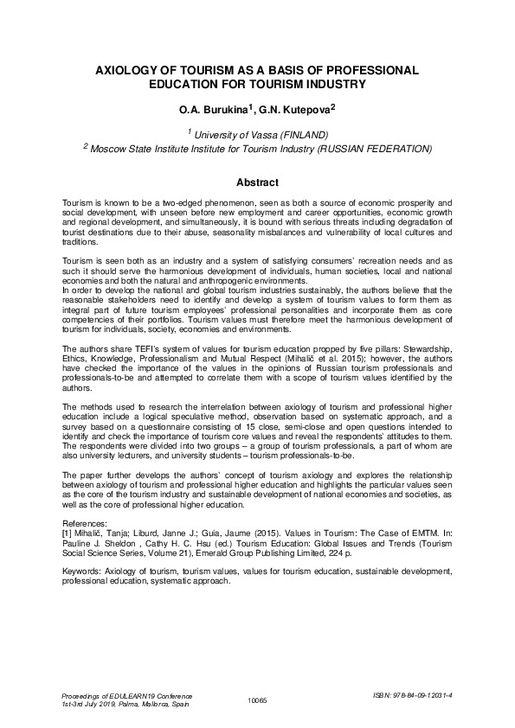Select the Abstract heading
[257, 182]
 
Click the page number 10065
[259, 699]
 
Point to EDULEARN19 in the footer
[125, 694]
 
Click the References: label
[88, 524]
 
